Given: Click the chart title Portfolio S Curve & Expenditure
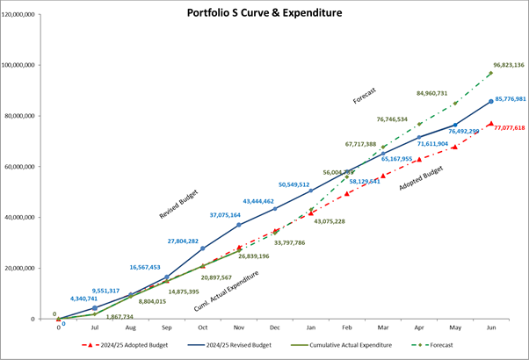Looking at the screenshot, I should tap(265, 14).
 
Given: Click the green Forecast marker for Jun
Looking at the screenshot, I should tap(490, 73).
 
